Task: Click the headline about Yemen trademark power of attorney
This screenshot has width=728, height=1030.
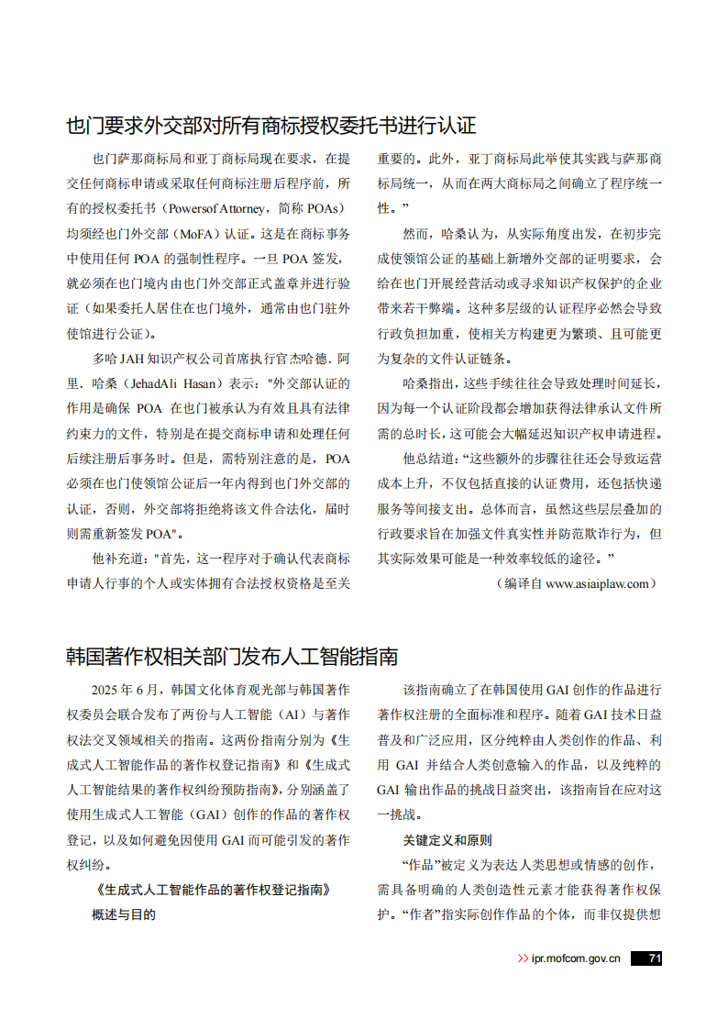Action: coord(270,125)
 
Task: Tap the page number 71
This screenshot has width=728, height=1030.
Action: coord(653,958)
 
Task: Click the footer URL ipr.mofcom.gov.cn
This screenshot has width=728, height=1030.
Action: coord(576,958)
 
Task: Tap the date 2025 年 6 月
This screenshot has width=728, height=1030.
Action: coord(127,690)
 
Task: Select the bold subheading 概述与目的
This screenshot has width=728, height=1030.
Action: coord(124,914)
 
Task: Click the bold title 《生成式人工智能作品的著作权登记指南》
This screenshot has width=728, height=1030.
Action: coord(212,890)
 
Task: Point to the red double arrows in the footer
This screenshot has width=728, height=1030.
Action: coord(523,958)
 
